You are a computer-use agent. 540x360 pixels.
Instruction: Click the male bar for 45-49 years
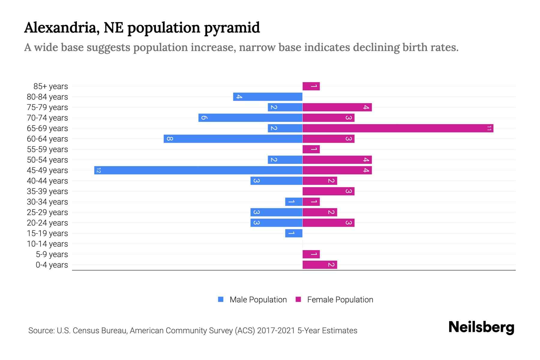pyautogui.click(x=198, y=170)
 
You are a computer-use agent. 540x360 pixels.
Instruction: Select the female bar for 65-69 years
pyautogui.click(x=397, y=128)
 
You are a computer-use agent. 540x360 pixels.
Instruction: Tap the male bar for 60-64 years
pyautogui.click(x=233, y=139)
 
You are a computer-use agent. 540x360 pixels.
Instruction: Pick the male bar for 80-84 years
pyautogui.click(x=268, y=97)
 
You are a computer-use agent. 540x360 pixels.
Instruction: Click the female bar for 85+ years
pyautogui.click(x=311, y=86)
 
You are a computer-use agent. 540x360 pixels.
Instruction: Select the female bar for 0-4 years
pyautogui.click(x=320, y=265)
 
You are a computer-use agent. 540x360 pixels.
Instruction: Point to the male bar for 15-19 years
pyautogui.click(x=294, y=233)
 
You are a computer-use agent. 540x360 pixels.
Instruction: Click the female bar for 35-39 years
pyautogui.click(x=328, y=191)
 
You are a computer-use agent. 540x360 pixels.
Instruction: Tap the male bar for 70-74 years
pyautogui.click(x=250, y=118)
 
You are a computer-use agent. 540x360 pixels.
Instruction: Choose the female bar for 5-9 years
pyautogui.click(x=311, y=254)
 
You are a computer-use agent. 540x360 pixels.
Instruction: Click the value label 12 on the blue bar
pyautogui.click(x=99, y=170)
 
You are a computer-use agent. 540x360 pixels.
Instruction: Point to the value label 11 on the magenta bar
pyautogui.click(x=489, y=128)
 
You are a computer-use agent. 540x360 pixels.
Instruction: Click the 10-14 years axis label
pyautogui.click(x=47, y=244)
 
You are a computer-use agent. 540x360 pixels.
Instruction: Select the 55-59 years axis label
pyautogui.click(x=47, y=149)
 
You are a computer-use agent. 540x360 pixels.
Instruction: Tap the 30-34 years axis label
pyautogui.click(x=47, y=202)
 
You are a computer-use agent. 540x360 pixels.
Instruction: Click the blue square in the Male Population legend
pyautogui.click(x=221, y=299)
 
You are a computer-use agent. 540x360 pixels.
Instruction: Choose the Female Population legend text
pyautogui.click(x=340, y=300)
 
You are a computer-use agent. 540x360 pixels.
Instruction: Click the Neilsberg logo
pyautogui.click(x=481, y=327)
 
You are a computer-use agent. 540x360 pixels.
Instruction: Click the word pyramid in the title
pyautogui.click(x=232, y=28)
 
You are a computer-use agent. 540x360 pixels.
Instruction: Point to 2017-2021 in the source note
pyautogui.click(x=276, y=331)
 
